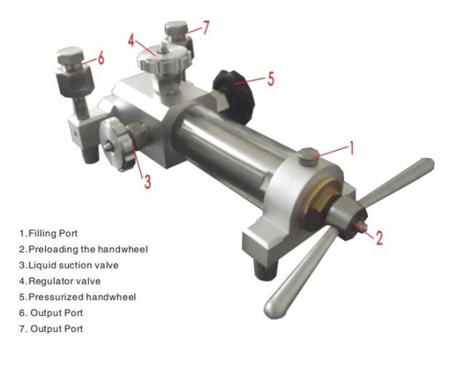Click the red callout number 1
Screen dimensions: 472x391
coord(351,148)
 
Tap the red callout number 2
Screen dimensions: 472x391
coord(379,237)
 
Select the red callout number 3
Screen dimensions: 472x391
coord(147,182)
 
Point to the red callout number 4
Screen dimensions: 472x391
coord(131,40)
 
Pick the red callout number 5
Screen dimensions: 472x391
coord(271,79)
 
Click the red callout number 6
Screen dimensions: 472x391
coord(101,57)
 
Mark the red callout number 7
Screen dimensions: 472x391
coord(206,28)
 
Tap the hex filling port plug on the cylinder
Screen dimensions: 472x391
coord(309,156)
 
